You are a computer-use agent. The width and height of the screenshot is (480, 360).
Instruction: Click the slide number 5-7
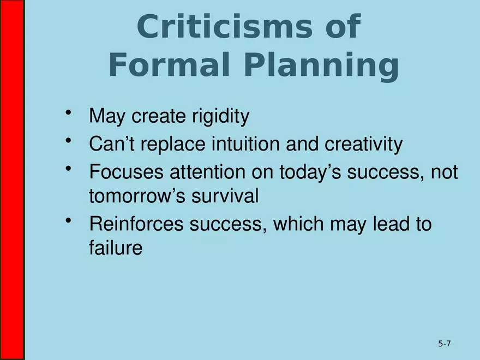point(444,344)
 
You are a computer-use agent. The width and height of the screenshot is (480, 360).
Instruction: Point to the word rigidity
point(220,116)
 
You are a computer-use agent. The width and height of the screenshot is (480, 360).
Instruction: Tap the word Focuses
point(126,172)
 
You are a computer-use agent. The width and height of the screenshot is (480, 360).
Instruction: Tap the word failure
point(115,248)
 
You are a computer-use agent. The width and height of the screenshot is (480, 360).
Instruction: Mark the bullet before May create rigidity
point(68,112)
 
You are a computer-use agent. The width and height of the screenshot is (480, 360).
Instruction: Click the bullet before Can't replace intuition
point(68,141)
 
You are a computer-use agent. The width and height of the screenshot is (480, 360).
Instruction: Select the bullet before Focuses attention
point(68,169)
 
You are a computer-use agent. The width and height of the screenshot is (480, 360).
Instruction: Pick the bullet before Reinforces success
point(68,220)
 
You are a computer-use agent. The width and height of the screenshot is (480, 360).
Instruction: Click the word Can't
point(109,145)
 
